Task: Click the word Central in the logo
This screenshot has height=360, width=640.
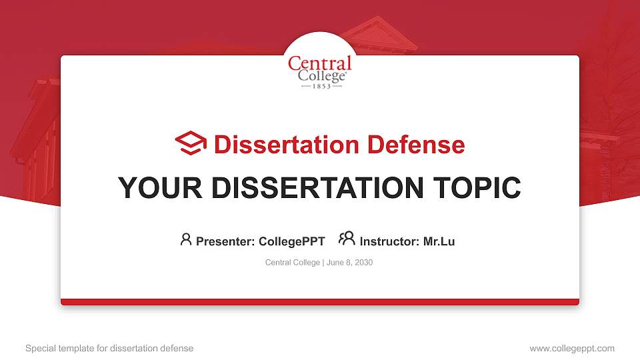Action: coord(319,64)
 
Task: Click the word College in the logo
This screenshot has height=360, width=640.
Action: coord(321,77)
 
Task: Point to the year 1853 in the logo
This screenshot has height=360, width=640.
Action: coord(322,87)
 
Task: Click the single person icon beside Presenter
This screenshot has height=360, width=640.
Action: coord(186,239)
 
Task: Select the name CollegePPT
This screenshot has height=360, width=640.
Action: coord(291,241)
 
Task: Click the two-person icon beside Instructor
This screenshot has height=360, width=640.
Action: coord(347,239)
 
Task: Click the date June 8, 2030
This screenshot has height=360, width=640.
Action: coord(350,263)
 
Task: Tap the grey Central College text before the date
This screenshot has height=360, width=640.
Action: coord(293,263)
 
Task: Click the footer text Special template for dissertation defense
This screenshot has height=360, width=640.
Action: coord(109,348)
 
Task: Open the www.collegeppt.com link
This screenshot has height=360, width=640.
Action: coord(572,348)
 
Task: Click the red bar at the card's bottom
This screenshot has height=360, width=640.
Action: coord(320,302)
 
